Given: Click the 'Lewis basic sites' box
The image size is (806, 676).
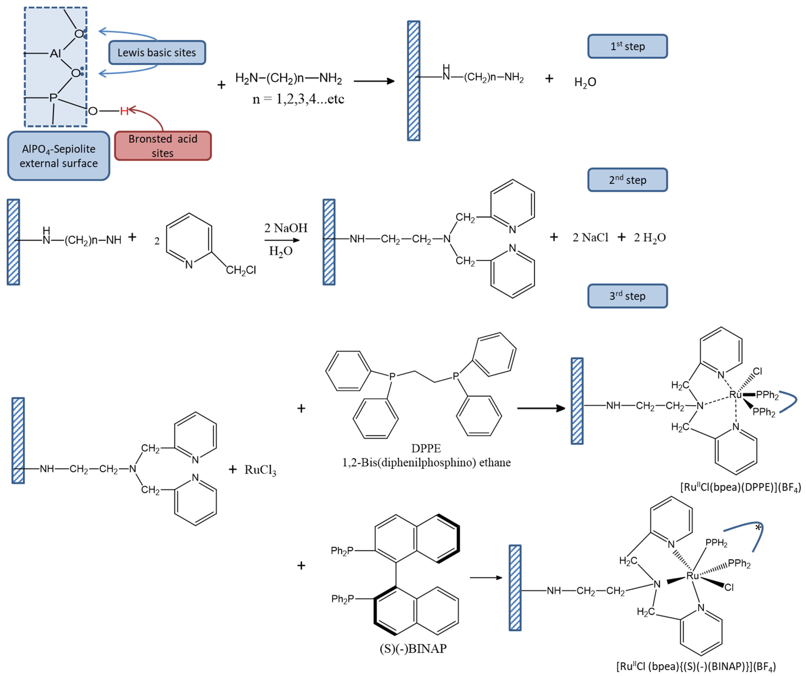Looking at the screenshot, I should [x=157, y=53].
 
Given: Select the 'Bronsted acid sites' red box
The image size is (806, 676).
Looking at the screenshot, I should [x=163, y=146].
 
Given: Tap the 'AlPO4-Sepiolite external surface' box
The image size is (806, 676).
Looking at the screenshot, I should [x=59, y=156].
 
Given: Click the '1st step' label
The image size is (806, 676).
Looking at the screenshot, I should [x=627, y=46].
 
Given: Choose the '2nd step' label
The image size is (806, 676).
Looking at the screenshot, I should [x=627, y=180].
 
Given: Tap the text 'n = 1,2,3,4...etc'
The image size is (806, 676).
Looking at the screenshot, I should [x=298, y=99].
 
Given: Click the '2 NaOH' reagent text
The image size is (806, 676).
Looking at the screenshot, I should [x=286, y=228].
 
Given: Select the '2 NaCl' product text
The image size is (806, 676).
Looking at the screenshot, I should [x=590, y=238].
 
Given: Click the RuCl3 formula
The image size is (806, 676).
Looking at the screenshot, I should [x=260, y=470].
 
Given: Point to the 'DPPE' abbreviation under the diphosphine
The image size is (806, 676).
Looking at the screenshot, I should [x=426, y=448].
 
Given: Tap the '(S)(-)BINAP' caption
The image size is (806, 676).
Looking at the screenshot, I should [x=413, y=649].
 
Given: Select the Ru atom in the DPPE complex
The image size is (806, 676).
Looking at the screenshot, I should [x=735, y=395].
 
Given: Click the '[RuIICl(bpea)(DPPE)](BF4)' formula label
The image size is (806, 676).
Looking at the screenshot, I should [x=741, y=487].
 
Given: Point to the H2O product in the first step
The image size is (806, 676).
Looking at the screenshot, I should [x=585, y=82].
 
